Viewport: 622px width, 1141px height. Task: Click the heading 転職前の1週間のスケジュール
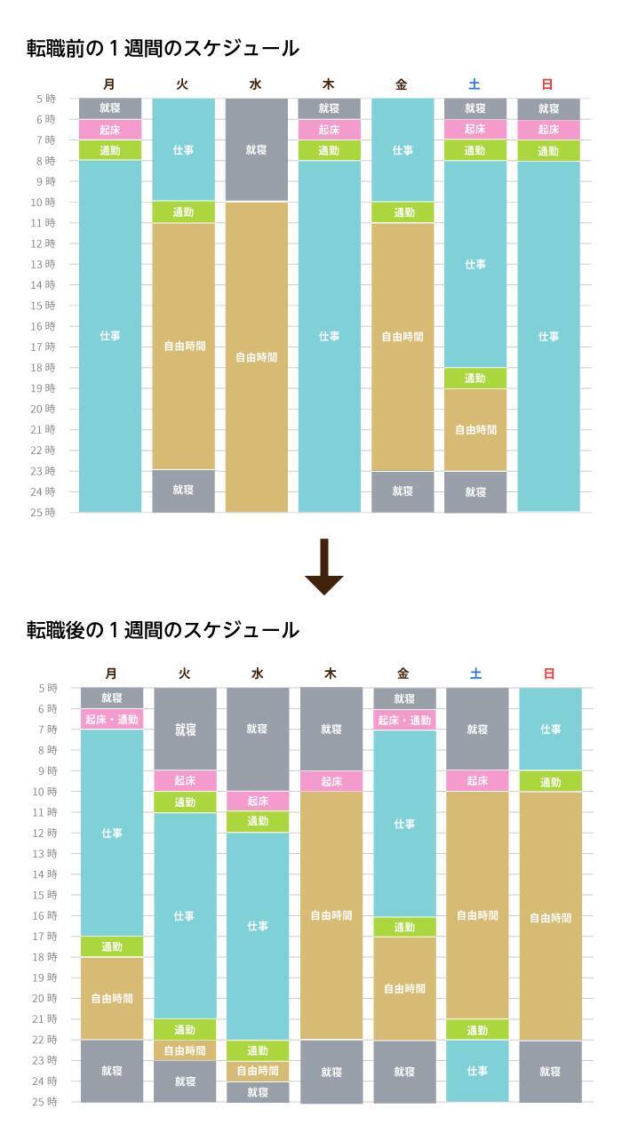(163, 49)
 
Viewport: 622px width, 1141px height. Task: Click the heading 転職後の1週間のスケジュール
(163, 630)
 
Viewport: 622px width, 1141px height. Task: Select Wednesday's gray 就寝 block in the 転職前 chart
(256, 149)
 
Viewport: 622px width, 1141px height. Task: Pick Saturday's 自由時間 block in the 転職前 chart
(475, 429)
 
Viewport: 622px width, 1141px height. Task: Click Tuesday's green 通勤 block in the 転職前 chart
(183, 212)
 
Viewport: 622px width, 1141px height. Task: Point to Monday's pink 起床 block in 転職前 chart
(110, 130)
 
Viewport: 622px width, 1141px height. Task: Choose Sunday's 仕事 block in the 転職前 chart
(548, 336)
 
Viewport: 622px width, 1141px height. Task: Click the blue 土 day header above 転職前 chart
(474, 84)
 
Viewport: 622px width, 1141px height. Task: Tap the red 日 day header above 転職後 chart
(548, 674)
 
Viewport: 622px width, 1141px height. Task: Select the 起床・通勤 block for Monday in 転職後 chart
(112, 720)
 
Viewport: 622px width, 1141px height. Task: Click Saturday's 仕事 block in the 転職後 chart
(477, 1071)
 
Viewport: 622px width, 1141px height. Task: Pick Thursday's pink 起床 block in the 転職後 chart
(331, 781)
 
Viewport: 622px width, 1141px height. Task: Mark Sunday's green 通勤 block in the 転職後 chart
(550, 782)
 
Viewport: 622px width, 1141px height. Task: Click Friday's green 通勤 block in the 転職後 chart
(404, 927)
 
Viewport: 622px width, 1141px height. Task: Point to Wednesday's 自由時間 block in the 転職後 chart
(258, 1071)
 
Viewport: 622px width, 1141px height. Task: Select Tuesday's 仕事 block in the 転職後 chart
(185, 915)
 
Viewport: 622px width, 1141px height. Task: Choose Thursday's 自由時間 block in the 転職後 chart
(331, 915)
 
